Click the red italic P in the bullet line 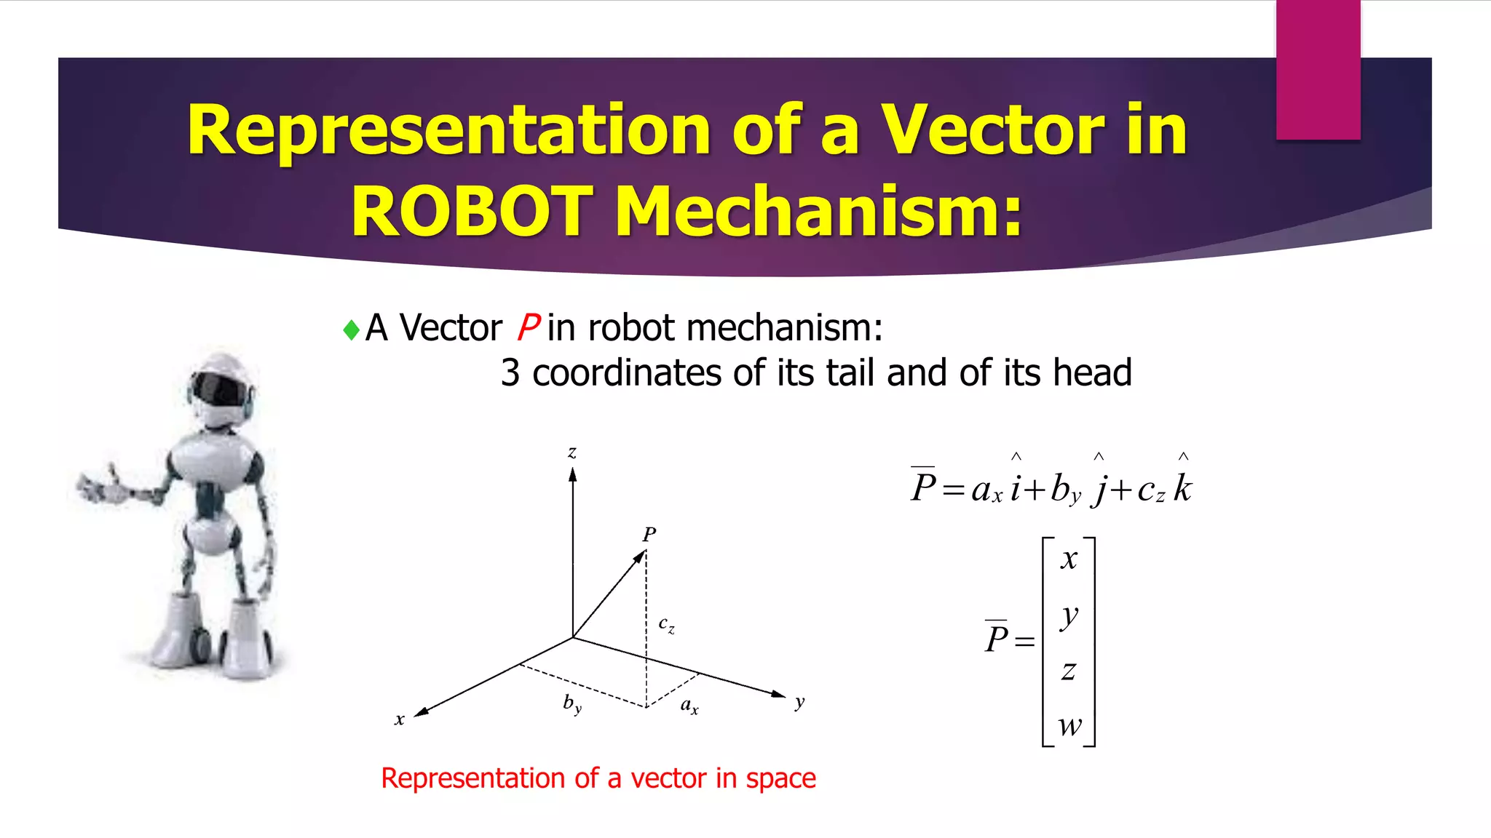(x=528, y=327)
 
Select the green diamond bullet (x=352, y=330)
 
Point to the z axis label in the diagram (x=572, y=452)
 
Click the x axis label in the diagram (x=399, y=719)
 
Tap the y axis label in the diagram (x=799, y=702)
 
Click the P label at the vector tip (x=649, y=535)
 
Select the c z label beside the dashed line (x=666, y=625)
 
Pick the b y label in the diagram (x=572, y=703)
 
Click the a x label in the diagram (x=689, y=705)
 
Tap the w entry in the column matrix (x=1069, y=725)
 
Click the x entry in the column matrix (x=1069, y=559)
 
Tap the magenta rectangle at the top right (x=1318, y=69)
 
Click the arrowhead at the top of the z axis (x=573, y=474)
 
